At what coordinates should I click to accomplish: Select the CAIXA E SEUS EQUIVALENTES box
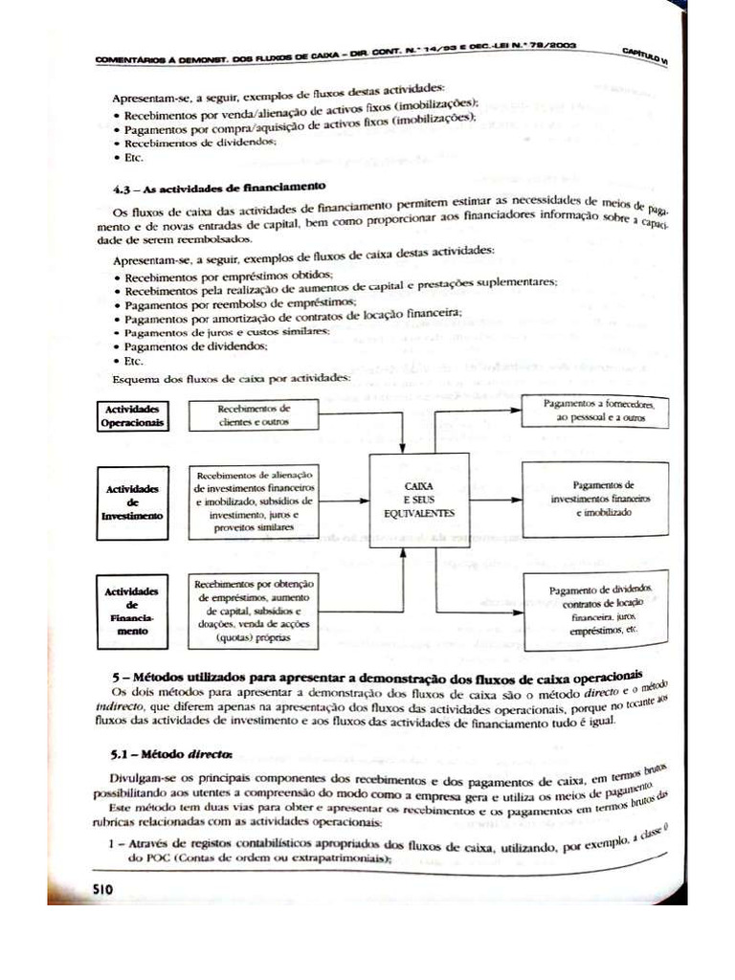click(x=419, y=501)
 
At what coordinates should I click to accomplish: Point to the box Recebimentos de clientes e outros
click(x=254, y=414)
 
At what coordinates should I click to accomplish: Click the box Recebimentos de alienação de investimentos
click(x=254, y=501)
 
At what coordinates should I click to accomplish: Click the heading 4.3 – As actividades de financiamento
click(x=219, y=187)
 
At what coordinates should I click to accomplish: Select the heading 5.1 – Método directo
click(x=171, y=752)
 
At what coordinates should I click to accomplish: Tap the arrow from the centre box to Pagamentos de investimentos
click(x=495, y=500)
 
